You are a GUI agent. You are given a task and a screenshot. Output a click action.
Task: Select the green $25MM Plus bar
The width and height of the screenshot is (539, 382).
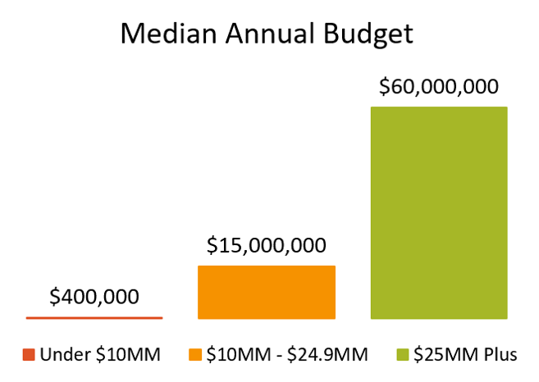pos(439,212)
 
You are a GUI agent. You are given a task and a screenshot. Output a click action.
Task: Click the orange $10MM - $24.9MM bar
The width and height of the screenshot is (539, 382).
pos(267,292)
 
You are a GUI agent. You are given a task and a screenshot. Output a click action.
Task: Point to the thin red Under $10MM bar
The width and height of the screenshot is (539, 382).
pos(94,316)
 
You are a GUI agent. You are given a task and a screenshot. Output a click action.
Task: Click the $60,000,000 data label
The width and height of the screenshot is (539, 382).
pos(439,88)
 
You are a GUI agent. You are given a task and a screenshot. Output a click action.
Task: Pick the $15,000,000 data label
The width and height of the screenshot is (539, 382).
pos(267,245)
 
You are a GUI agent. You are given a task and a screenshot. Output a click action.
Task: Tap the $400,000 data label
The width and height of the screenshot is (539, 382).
pos(94,297)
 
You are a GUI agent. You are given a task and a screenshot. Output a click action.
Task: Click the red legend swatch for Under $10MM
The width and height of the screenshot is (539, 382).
pos(29,355)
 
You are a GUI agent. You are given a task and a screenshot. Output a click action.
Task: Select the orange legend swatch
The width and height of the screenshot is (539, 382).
pos(194,355)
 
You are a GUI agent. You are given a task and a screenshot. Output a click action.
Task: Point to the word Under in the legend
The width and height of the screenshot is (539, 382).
pos(60,355)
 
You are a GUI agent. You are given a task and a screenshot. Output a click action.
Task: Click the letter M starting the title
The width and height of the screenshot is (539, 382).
pos(132,34)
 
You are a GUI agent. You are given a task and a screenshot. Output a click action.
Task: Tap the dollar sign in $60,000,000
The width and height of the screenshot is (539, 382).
pos(384,88)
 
